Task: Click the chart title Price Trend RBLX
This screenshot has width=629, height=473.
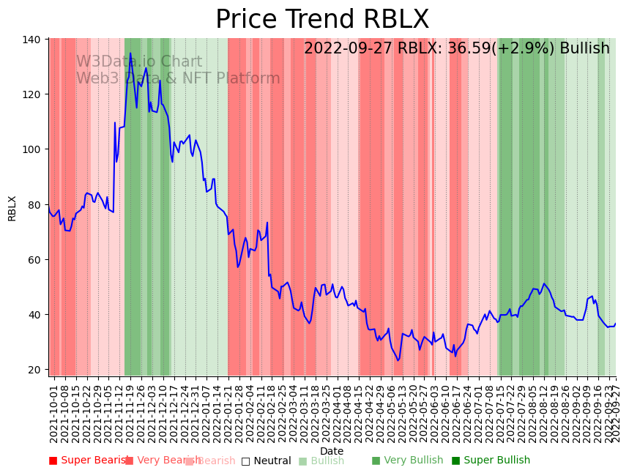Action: coord(322,20)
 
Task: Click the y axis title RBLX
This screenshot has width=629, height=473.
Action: coord(12,208)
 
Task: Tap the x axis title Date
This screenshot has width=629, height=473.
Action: coord(332,451)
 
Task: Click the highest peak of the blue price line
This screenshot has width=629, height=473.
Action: coord(130,53)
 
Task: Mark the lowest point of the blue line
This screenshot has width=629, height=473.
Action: coord(398,360)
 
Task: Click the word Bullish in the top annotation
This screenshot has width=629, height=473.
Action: coord(584,48)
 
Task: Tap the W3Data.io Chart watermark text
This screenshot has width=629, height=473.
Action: coord(139,62)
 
